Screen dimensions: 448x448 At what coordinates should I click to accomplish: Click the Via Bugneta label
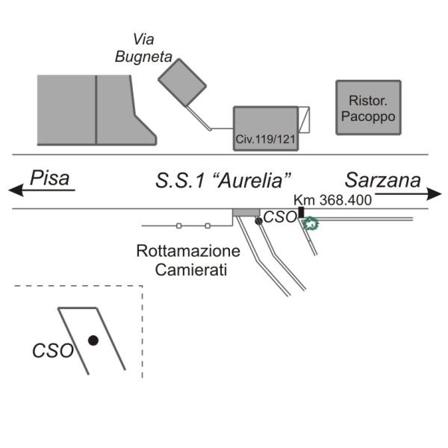tap(143, 47)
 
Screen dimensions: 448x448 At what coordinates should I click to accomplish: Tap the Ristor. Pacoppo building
tap(367, 108)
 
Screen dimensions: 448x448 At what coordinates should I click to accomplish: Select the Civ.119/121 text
tap(266, 139)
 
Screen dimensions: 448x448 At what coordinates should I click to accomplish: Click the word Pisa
tap(49, 179)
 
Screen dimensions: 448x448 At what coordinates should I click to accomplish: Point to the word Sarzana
tap(382, 180)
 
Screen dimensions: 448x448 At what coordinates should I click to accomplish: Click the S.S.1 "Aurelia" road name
tap(223, 180)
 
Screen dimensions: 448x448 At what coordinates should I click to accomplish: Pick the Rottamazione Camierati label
tap(188, 259)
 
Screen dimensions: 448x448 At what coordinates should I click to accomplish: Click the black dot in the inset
tap(93, 340)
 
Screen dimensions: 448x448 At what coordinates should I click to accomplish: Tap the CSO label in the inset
tap(52, 349)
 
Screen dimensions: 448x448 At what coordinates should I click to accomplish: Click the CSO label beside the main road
tap(280, 218)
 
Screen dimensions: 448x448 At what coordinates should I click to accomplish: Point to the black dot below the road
tap(258, 221)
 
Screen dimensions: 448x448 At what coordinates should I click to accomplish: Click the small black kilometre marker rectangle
tap(302, 213)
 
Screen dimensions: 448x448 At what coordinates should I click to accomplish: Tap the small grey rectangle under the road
tap(245, 213)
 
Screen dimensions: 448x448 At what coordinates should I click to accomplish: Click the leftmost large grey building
tap(66, 110)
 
